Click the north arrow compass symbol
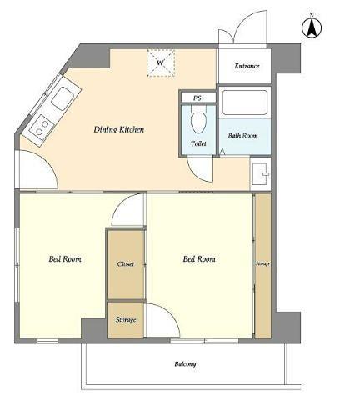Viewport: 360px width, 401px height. [x=312, y=27]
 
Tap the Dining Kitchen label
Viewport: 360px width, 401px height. [x=119, y=129]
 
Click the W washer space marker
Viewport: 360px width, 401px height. [x=161, y=63]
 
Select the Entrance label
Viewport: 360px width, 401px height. [x=247, y=66]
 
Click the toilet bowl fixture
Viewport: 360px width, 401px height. [x=199, y=119]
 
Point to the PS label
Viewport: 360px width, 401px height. [x=197, y=98]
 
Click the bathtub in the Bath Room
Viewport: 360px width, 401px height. [x=245, y=103]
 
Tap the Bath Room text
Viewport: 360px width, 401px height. [x=242, y=136]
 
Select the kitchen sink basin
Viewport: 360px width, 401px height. [x=62, y=98]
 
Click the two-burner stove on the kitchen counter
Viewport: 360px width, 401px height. [x=42, y=127]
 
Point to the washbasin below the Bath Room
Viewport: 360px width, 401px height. [x=260, y=174]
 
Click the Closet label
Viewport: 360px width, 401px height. [x=126, y=264]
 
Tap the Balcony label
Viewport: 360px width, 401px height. [x=185, y=364]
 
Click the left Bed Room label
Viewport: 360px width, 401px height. [x=65, y=259]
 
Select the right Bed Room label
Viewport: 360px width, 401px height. [x=199, y=259]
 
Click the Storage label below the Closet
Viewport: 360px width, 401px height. [x=126, y=320]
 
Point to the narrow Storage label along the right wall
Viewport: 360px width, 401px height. [x=262, y=263]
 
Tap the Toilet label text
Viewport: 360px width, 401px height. [x=199, y=143]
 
